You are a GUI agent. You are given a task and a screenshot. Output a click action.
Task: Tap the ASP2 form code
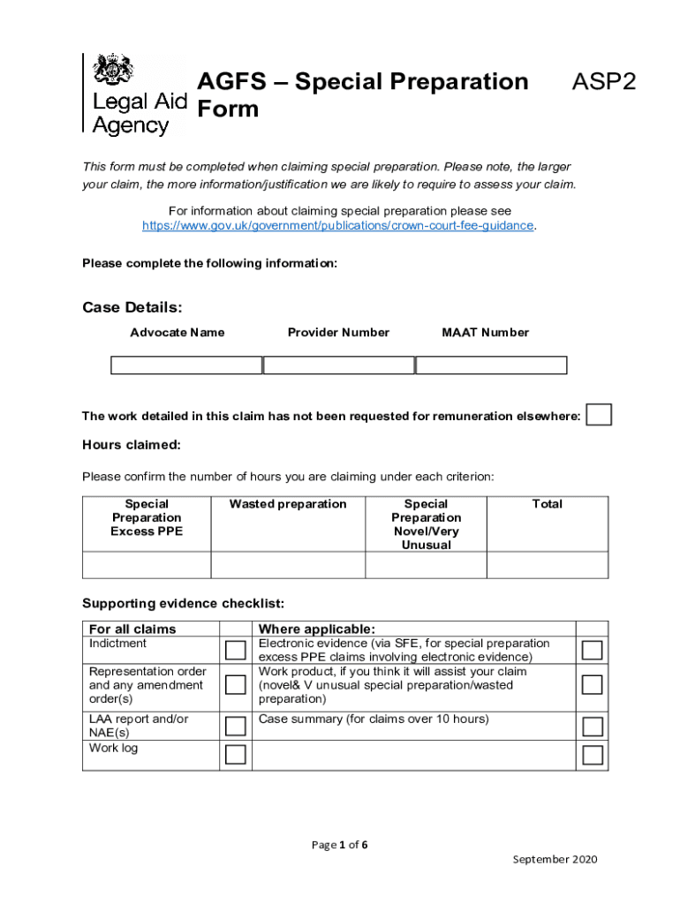click(x=603, y=82)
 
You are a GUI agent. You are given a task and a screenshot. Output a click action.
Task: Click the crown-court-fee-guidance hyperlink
click(x=338, y=225)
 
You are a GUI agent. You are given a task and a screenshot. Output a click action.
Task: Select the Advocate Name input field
click(x=186, y=365)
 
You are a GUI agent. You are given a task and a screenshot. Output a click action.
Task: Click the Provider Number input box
click(x=339, y=365)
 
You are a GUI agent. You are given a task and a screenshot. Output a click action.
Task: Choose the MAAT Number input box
click(x=491, y=365)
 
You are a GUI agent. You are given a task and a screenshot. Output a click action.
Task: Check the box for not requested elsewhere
click(x=600, y=415)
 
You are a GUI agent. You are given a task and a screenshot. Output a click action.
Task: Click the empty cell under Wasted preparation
click(x=288, y=565)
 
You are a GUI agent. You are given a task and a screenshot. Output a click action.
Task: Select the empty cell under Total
click(x=548, y=565)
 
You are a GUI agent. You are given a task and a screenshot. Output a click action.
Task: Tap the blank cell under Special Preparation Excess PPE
click(x=147, y=565)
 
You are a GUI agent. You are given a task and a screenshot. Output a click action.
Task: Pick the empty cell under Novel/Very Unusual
click(x=426, y=565)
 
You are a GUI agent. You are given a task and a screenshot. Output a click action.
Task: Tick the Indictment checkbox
click(x=235, y=651)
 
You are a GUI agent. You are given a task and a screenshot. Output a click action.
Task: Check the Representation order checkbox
click(x=235, y=685)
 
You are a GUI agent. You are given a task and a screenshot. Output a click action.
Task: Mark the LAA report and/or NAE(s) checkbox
click(x=235, y=727)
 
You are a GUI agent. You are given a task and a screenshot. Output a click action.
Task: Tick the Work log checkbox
click(x=235, y=755)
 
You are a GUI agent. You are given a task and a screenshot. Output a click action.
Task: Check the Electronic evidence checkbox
click(x=593, y=651)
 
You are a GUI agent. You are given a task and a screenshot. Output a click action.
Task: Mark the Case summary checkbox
click(x=593, y=727)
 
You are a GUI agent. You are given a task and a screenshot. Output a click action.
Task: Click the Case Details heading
click(x=132, y=307)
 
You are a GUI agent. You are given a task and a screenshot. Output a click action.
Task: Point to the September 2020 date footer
click(x=555, y=859)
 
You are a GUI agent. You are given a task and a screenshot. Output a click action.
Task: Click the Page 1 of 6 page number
click(x=340, y=845)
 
